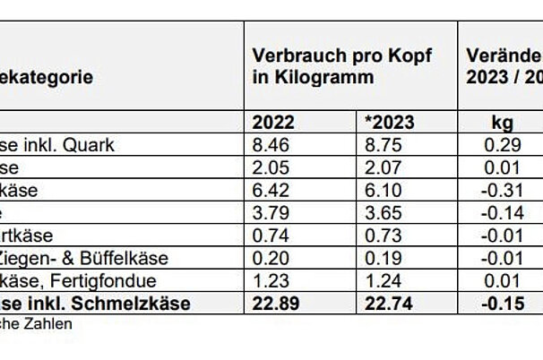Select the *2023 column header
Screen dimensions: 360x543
(391, 123)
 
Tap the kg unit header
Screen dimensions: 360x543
(502, 123)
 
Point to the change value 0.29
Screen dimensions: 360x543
(502, 145)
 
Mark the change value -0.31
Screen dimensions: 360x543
(502, 191)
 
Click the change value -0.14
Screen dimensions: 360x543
(502, 213)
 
